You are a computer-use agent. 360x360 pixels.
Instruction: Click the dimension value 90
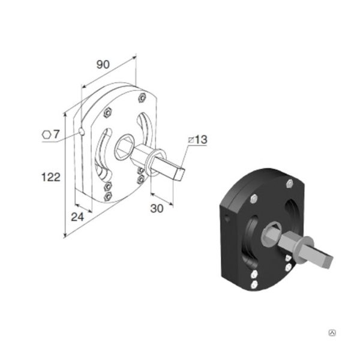tap(103, 65)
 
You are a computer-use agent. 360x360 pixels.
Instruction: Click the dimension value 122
tap(51, 177)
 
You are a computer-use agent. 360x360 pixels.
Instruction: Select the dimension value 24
tap(77, 217)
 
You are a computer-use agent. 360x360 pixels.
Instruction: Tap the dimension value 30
tap(157, 208)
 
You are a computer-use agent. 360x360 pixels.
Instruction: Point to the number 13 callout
tap(201, 140)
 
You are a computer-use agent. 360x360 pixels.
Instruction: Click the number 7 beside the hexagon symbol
tap(56, 134)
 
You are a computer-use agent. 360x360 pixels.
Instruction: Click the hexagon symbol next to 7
tap(46, 134)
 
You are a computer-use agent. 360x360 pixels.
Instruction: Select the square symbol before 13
tap(191, 140)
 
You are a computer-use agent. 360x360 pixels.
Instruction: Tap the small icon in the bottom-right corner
tap(332, 332)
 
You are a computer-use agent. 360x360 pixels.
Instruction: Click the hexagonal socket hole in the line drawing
tap(124, 147)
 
